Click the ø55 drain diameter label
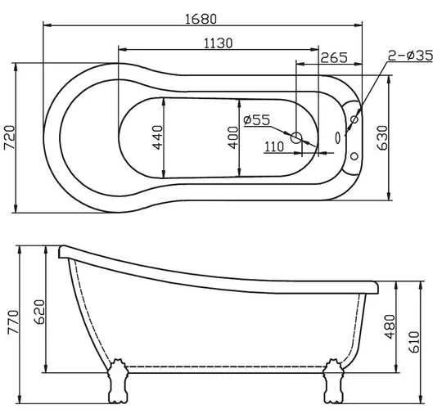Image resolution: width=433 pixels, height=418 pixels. coord(257,120)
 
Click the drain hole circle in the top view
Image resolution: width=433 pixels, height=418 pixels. coord(297,137)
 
